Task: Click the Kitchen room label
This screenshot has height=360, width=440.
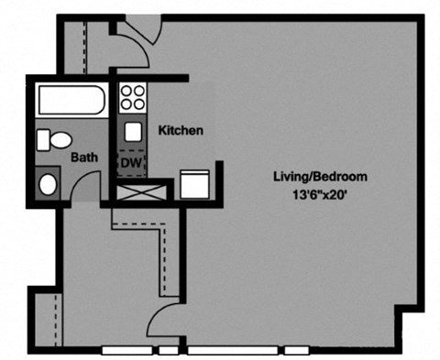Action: pyautogui.click(x=181, y=131)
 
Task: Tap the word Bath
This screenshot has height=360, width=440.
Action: pyautogui.click(x=84, y=157)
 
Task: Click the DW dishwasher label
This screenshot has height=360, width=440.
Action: pyautogui.click(x=131, y=162)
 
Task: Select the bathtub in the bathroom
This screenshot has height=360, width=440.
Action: pyautogui.click(x=70, y=100)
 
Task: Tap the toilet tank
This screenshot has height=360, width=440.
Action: pyautogui.click(x=42, y=140)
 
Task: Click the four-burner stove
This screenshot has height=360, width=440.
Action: pyautogui.click(x=133, y=98)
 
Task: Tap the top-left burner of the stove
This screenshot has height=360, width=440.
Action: pyautogui.click(x=126, y=92)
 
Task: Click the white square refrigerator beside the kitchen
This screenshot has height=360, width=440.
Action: pyautogui.click(x=194, y=184)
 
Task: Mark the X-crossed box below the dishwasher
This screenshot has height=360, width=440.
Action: pyautogui.click(x=140, y=192)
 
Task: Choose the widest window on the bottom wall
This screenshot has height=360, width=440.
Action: pyautogui.click(x=231, y=350)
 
